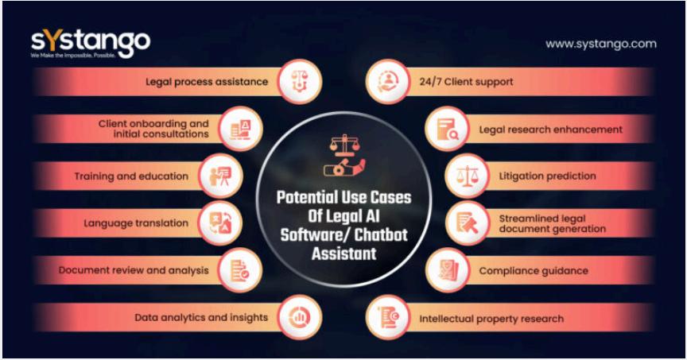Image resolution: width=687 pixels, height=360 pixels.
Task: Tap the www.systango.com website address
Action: click(600, 44)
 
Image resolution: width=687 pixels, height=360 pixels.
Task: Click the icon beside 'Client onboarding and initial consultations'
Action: click(239, 129)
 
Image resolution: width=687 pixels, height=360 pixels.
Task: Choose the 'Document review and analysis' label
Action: click(134, 270)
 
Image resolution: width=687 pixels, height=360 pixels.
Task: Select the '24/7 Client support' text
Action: click(456, 81)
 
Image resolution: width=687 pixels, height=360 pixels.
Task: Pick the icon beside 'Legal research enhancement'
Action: click(442, 129)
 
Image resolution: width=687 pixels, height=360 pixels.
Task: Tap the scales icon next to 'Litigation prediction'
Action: click(462, 176)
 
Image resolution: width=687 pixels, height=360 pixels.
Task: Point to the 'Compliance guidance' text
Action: click(533, 270)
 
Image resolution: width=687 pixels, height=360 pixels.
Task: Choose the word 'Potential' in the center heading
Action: click(305, 197)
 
